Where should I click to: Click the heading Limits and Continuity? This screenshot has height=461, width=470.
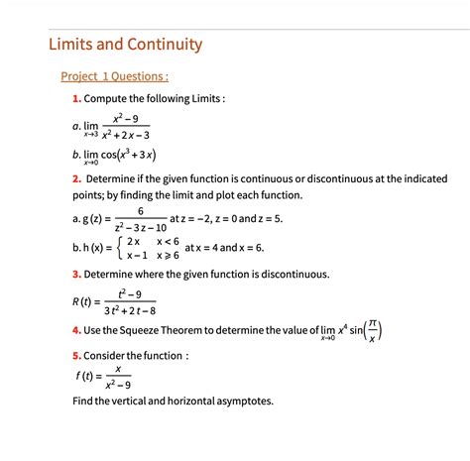pyautogui.click(x=125, y=45)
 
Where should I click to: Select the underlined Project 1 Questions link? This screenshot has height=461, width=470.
pyautogui.click(x=114, y=75)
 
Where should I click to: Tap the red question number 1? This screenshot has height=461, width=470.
pyautogui.click(x=76, y=99)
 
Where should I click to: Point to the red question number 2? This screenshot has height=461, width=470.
pyautogui.click(x=76, y=178)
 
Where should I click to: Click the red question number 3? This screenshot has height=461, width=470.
pyautogui.click(x=76, y=274)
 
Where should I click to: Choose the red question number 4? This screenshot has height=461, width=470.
pyautogui.click(x=76, y=330)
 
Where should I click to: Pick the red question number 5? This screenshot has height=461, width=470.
pyautogui.click(x=76, y=355)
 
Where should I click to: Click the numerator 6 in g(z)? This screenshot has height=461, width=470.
pyautogui.click(x=141, y=211)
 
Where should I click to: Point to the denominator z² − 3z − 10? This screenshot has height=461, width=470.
pyautogui.click(x=141, y=227)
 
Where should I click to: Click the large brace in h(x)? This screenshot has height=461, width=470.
pyautogui.click(x=118, y=247)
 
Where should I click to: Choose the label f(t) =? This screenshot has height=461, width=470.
pyautogui.click(x=90, y=377)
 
